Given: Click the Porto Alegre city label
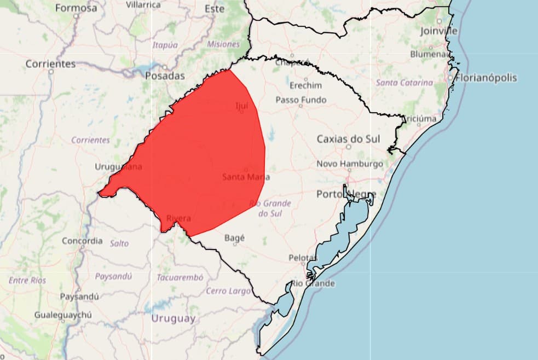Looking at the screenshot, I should click(x=346, y=194).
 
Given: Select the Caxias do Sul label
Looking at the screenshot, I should click(x=348, y=139).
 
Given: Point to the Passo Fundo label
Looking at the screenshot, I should click(x=300, y=100).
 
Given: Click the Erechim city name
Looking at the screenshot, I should click(x=305, y=85).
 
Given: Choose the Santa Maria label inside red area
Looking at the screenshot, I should click(x=246, y=177).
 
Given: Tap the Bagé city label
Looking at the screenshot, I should click(x=235, y=238).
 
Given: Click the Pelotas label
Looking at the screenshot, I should click(x=303, y=258).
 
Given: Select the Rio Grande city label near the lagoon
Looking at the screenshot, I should click(x=313, y=283).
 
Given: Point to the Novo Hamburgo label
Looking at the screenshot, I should click(x=350, y=164).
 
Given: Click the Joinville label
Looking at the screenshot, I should click(x=439, y=31).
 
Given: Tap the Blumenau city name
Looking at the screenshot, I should click(x=430, y=54).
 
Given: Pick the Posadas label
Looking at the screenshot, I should click(x=165, y=76).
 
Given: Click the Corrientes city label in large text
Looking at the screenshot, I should click(x=50, y=64).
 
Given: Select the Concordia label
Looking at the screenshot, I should click(x=82, y=241).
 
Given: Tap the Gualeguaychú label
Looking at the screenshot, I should click(x=63, y=315).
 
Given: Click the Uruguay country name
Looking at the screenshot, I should click(x=173, y=318).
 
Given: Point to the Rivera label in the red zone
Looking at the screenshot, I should click(x=178, y=219).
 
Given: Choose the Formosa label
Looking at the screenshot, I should click(x=76, y=8).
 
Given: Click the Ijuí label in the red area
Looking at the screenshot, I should click(x=241, y=105).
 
